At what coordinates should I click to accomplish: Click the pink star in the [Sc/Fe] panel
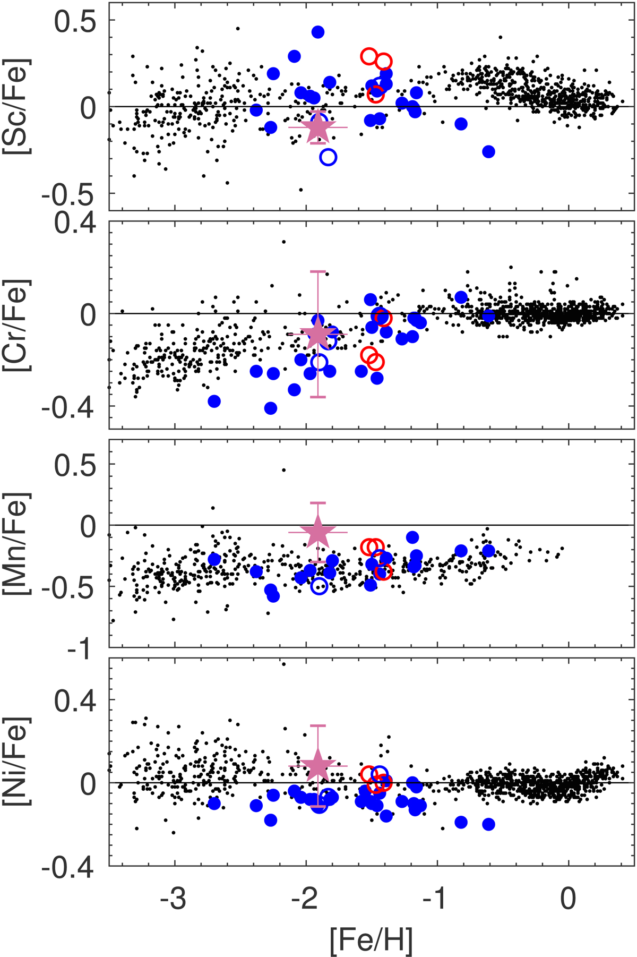click(x=318, y=127)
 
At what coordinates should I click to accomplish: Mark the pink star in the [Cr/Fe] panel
click(x=318, y=334)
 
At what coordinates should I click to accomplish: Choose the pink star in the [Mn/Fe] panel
click(x=318, y=532)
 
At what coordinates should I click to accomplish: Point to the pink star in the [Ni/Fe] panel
click(x=318, y=765)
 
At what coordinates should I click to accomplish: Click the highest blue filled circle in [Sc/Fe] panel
click(x=318, y=32)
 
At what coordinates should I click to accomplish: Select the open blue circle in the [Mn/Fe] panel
click(x=319, y=586)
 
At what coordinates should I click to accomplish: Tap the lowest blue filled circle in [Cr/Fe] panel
click(x=271, y=408)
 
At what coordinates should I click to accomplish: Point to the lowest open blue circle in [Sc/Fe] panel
click(x=329, y=157)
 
